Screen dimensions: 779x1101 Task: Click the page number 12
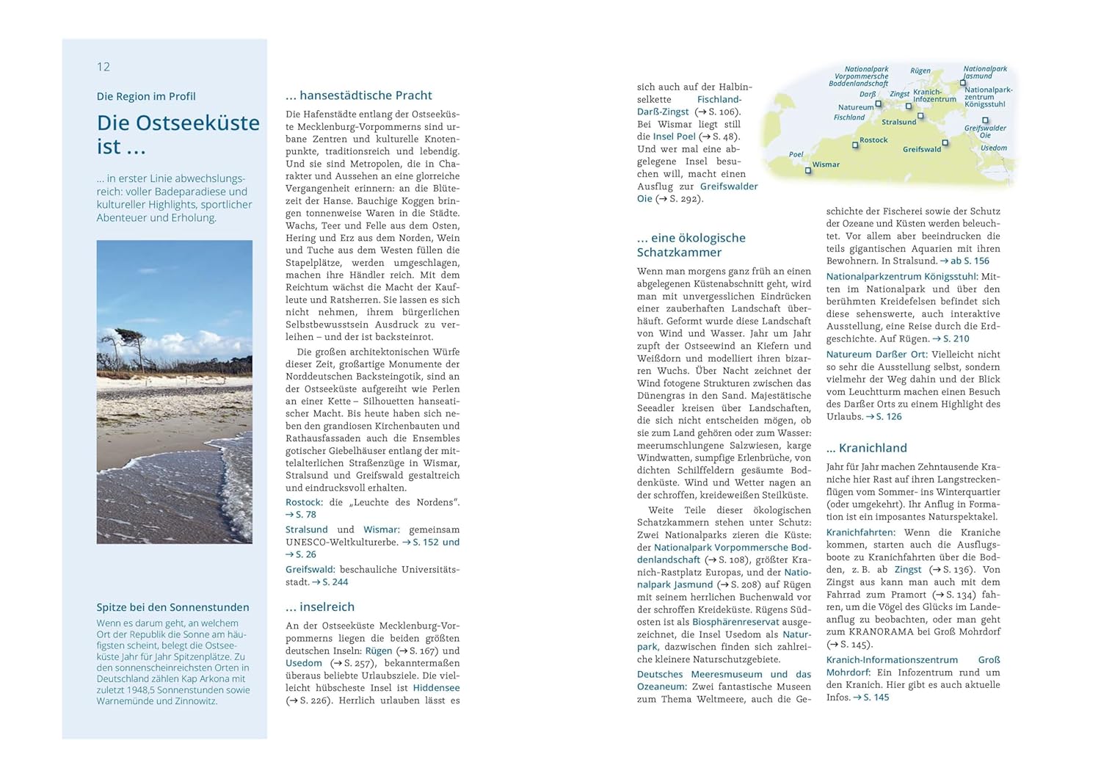tap(103, 67)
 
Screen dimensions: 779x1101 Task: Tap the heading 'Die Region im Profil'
tap(146, 96)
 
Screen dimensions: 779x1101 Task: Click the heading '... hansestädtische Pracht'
tap(358, 95)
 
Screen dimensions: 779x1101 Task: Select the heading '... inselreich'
tap(320, 607)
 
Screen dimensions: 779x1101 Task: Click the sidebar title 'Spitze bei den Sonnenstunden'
tap(172, 607)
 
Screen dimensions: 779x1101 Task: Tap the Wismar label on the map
tap(826, 164)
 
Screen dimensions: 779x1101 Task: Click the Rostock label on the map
tap(873, 140)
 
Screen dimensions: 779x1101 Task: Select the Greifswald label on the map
tap(921, 149)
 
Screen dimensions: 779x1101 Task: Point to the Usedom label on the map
tap(993, 148)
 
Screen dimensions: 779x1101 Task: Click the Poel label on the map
tap(796, 154)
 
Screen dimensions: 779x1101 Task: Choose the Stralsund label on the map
tap(898, 122)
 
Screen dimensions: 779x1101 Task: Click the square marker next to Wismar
tap(808, 170)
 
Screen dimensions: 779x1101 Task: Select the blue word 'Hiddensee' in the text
tap(436, 688)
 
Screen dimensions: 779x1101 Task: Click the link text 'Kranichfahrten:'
tap(860, 532)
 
